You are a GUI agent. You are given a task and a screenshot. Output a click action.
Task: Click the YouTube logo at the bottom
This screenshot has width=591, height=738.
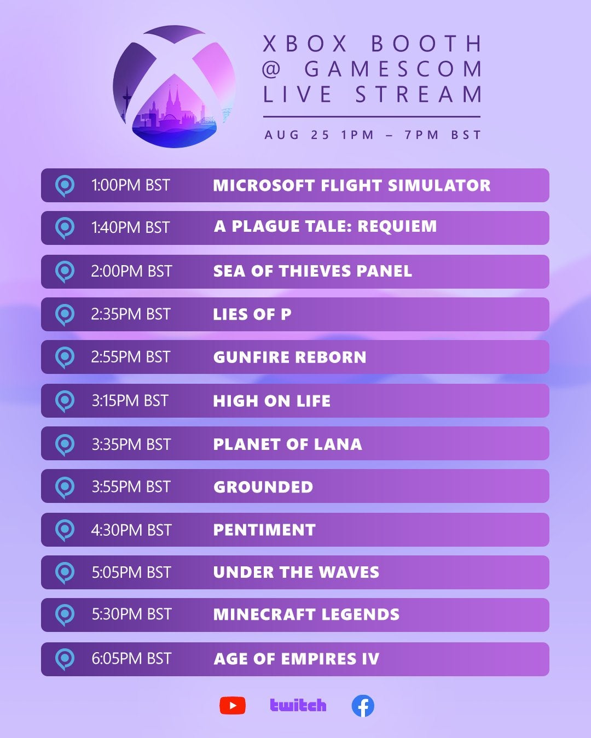tap(233, 706)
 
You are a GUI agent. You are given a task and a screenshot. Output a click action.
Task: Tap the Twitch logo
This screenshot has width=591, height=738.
tap(298, 706)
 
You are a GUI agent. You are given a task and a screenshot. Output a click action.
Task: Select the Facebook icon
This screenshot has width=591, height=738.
tap(363, 706)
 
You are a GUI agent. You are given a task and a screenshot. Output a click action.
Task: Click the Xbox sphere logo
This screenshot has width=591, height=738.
tap(174, 86)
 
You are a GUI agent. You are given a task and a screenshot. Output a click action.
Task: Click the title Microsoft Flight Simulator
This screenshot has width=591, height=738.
tap(351, 185)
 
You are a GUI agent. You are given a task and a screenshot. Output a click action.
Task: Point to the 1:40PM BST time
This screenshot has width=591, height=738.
tap(130, 227)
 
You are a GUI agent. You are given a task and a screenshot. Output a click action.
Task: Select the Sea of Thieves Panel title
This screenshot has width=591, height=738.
tap(312, 271)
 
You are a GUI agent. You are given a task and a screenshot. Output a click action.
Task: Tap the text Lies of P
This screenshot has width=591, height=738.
tap(252, 314)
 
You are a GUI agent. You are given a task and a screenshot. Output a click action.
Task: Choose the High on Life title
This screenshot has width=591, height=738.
tap(271, 401)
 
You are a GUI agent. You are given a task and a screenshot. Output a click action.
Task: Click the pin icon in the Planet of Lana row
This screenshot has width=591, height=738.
tap(65, 444)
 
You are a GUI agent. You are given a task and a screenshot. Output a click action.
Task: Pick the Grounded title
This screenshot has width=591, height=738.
tap(263, 487)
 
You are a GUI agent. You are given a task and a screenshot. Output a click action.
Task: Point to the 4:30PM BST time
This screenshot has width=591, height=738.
tap(131, 530)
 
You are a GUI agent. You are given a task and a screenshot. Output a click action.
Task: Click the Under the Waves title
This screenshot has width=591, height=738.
tap(296, 572)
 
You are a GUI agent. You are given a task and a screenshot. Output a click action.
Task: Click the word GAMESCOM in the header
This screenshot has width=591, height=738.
tap(393, 69)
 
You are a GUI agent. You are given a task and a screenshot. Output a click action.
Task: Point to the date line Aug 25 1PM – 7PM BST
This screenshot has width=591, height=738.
tap(373, 135)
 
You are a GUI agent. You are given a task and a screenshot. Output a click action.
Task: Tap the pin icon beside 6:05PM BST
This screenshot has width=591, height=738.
tap(65, 659)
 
